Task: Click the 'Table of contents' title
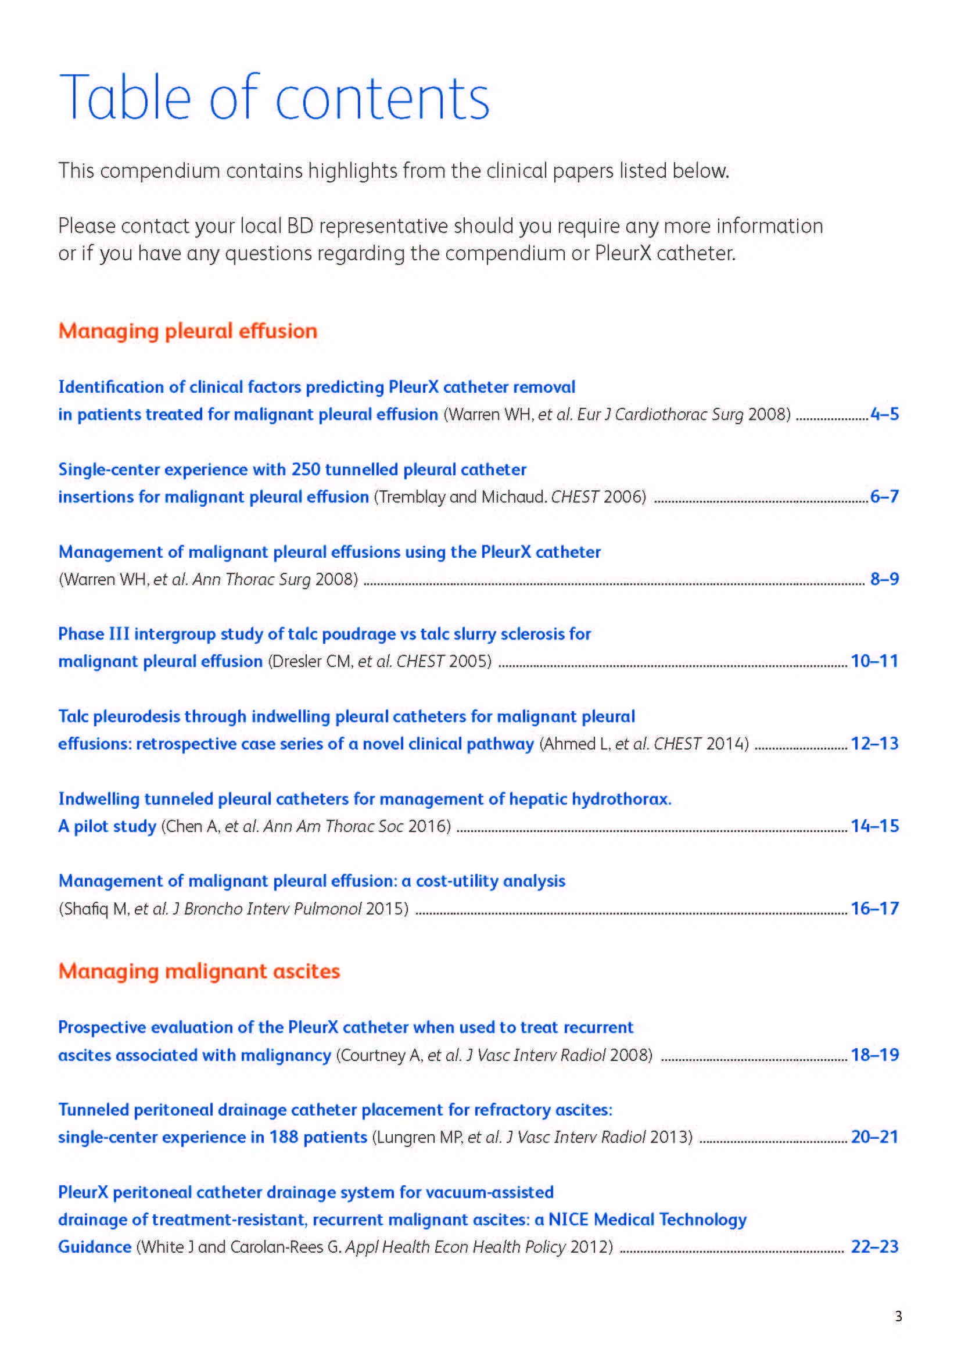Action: click(274, 98)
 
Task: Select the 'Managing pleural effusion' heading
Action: click(188, 331)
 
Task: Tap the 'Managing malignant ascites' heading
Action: click(199, 971)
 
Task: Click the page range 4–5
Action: click(884, 414)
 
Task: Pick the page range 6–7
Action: click(884, 497)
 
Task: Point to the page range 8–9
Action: click(884, 579)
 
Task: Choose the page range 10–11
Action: click(874, 661)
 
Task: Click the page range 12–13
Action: click(874, 744)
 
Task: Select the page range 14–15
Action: click(874, 826)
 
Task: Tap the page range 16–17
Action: click(874, 909)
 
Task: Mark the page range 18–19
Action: click(874, 1055)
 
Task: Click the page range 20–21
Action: click(874, 1137)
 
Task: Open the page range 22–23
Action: click(874, 1247)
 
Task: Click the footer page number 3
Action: click(898, 1317)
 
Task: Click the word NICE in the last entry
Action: click(568, 1220)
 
